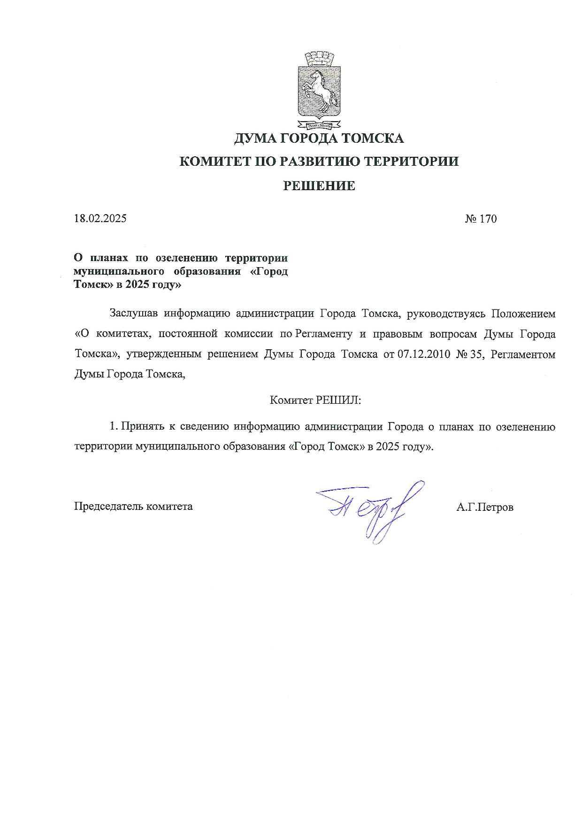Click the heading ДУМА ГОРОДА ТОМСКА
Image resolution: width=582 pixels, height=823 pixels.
tap(319, 138)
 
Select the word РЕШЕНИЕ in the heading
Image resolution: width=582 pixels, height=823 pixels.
tap(319, 186)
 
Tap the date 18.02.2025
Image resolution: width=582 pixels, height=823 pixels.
tap(100, 218)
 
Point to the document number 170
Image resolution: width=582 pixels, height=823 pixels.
tap(488, 219)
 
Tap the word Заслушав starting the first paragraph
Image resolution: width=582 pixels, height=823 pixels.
tap(133, 313)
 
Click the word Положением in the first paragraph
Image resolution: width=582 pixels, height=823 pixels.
tap(523, 313)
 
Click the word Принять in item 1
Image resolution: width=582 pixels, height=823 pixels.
tap(143, 427)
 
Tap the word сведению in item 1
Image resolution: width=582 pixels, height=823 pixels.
tap(204, 427)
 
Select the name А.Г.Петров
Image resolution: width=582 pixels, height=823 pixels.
tap(484, 507)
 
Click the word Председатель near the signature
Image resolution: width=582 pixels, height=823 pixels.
tap(108, 507)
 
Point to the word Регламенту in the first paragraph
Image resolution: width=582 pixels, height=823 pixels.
tap(323, 334)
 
